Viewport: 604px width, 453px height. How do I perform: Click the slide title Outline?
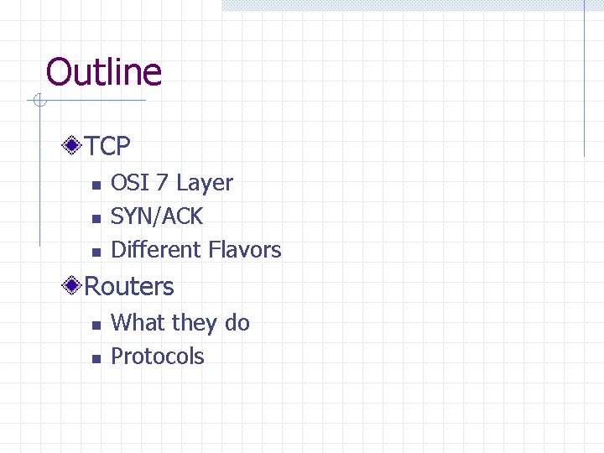[x=103, y=72]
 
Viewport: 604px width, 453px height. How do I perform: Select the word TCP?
[x=108, y=147]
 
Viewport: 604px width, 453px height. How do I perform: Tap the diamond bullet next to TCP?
[x=74, y=147]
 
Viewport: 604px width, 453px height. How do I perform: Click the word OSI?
[x=127, y=183]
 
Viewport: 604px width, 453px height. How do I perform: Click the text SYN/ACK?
[x=157, y=216]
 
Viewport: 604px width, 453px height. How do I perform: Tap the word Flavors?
[x=245, y=250]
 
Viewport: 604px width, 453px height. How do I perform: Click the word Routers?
[x=129, y=287]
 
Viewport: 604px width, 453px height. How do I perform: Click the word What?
[x=138, y=323]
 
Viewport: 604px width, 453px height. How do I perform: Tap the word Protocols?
[x=158, y=357]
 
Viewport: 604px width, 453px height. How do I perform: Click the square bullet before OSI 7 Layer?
[x=96, y=185]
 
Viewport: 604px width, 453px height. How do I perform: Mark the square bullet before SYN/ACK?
[x=96, y=218]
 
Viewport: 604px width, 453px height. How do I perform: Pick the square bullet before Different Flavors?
[x=96, y=252]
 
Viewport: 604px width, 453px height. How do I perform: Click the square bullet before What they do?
[x=96, y=325]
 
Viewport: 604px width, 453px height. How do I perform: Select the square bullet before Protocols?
[x=96, y=358]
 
